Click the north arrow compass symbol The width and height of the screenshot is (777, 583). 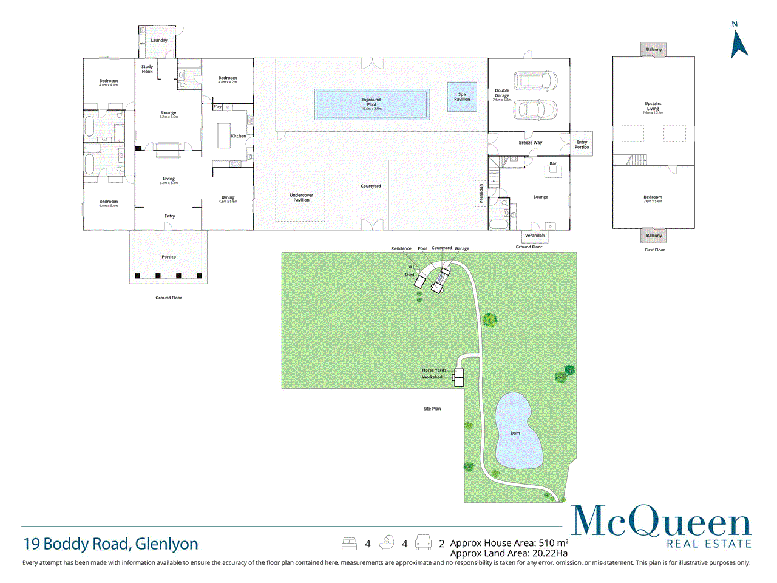[738, 43]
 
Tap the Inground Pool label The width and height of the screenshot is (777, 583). [372, 102]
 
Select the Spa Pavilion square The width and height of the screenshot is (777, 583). [462, 97]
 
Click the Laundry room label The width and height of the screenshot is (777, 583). [159, 41]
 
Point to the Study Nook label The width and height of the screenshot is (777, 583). [148, 69]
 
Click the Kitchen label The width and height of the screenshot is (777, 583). [239, 136]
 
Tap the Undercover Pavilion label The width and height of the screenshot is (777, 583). [302, 197]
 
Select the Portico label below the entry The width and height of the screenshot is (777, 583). [169, 257]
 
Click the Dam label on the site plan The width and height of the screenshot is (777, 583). [515, 434]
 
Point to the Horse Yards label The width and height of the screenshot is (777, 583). [434, 370]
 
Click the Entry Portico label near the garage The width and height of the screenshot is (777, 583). [582, 145]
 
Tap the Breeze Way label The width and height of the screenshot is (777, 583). [531, 143]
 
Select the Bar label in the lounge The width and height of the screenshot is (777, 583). [553, 163]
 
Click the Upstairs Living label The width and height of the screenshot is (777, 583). [653, 106]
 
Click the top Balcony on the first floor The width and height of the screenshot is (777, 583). [654, 50]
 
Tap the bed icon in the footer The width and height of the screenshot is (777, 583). [350, 543]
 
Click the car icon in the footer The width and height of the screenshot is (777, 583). [423, 543]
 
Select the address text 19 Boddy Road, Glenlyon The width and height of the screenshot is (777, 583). [111, 544]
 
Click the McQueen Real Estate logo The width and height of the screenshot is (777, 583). [662, 527]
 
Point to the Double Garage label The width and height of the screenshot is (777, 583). [502, 93]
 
